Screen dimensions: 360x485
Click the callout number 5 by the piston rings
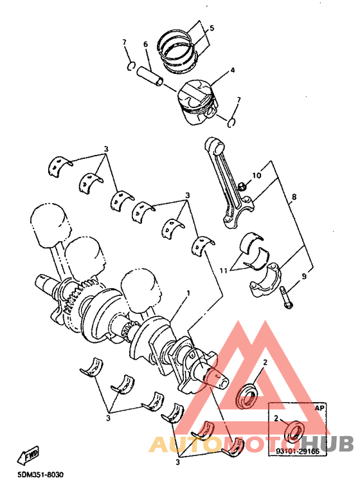coord(212,28)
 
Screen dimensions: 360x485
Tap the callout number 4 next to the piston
coord(232,70)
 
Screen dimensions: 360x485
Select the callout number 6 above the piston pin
coord(145,44)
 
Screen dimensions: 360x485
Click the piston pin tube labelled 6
coord(150,76)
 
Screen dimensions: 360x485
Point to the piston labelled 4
coord(197,102)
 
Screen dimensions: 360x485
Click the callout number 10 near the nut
coord(256,176)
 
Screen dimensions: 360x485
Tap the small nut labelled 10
coord(242,186)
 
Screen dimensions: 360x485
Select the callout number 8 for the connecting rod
coord(294,197)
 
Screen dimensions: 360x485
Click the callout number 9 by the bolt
coord(304,276)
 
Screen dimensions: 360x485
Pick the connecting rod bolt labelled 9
coord(285,298)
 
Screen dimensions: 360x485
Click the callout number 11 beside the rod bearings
coord(224,271)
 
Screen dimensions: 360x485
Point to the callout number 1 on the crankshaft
coord(188,292)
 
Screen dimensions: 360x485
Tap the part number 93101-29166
coord(297,452)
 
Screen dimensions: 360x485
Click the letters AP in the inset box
coord(319,408)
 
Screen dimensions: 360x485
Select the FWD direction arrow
coord(28,455)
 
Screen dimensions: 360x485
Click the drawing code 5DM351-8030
coord(40,474)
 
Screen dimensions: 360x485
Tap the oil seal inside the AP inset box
coord(294,430)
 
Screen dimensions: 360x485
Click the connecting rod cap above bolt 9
coord(265,280)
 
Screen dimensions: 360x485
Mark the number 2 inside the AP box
coord(276,418)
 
